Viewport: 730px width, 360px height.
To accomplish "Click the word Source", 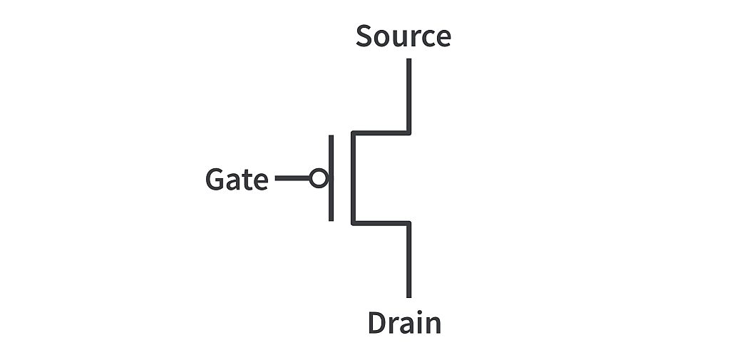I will pos(403,36).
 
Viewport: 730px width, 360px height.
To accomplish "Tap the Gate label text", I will pos(236,179).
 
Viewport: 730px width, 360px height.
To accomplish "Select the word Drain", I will pos(404,323).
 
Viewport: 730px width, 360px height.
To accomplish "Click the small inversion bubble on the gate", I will pos(319,178).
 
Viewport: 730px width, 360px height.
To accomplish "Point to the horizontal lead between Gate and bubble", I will pos(292,178).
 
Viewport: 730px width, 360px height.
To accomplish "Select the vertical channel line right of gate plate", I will pos(352,178).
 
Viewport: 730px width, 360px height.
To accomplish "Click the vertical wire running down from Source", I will pos(408,96).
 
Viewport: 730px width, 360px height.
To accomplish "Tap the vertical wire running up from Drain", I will pos(408,260).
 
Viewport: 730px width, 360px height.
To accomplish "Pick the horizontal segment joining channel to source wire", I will pos(380,133).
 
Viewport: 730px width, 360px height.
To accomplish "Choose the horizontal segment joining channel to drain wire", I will pos(380,223).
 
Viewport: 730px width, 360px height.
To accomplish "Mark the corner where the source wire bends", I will pos(408,133).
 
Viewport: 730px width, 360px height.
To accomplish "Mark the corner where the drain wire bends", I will pos(408,223).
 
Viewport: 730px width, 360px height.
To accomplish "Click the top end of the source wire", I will pos(408,61).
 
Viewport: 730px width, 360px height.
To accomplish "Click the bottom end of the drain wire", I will pos(408,295).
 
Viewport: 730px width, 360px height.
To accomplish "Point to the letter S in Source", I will pos(364,36).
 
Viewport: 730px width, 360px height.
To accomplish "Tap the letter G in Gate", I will pos(215,179).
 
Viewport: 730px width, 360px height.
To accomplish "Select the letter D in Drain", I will pos(376,323).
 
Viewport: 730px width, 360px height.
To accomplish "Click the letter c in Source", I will pos(427,38).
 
